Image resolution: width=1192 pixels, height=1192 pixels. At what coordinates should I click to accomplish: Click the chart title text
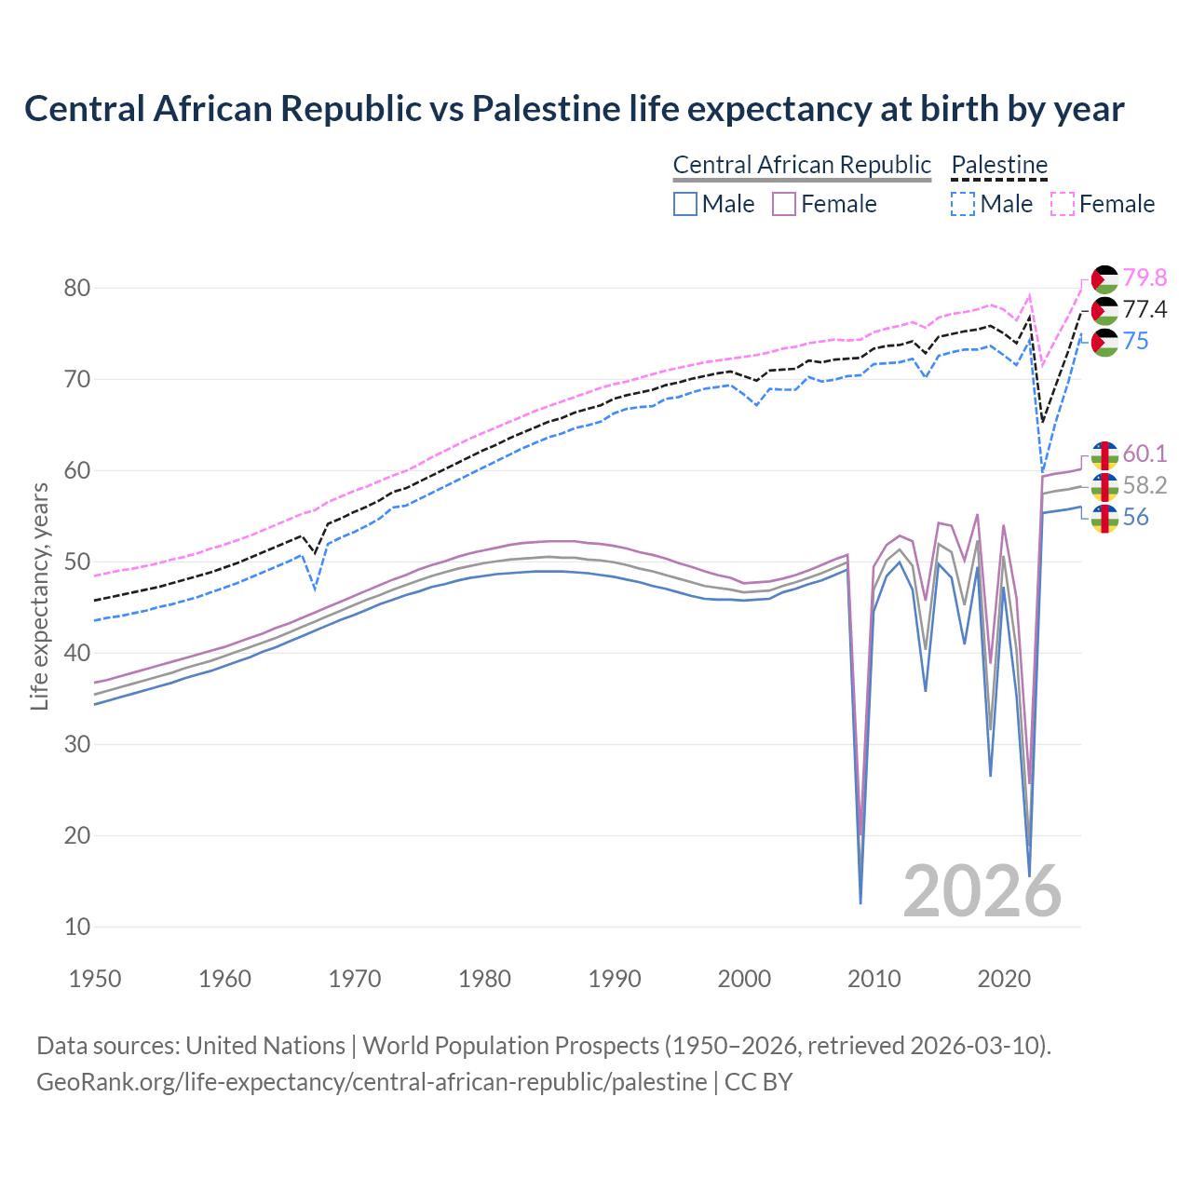point(574,108)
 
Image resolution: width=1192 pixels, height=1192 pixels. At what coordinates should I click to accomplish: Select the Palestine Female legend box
point(1063,204)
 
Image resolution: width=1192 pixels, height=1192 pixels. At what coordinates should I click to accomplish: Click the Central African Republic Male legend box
point(685,204)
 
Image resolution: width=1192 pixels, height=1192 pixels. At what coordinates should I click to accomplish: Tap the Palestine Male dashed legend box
point(963,204)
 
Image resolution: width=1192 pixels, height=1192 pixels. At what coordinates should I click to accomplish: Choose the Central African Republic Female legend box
point(784,204)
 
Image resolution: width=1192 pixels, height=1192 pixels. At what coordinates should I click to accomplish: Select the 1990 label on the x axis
point(615,979)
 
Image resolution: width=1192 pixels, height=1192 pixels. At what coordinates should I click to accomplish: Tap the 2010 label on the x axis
point(874,979)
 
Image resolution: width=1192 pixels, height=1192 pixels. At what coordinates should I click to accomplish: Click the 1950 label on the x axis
point(95,979)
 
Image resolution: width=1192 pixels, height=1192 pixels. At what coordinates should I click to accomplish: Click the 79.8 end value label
point(1145,278)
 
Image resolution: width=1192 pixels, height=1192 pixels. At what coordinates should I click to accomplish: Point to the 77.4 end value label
point(1145,309)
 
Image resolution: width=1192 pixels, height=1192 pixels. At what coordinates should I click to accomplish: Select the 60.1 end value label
point(1145,454)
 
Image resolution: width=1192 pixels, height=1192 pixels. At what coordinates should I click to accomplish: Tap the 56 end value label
point(1135,517)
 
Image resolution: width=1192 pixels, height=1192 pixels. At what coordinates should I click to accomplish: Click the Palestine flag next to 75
point(1104,342)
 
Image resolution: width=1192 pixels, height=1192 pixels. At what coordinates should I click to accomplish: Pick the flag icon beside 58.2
point(1104,486)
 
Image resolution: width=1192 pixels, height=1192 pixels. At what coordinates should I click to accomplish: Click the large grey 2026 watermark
point(982,891)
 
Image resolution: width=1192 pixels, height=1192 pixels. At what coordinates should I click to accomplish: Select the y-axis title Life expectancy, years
point(39,596)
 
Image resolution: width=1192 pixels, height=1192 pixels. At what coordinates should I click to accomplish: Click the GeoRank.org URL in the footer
point(371,1082)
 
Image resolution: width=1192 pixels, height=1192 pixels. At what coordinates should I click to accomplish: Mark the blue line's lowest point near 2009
point(860,902)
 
